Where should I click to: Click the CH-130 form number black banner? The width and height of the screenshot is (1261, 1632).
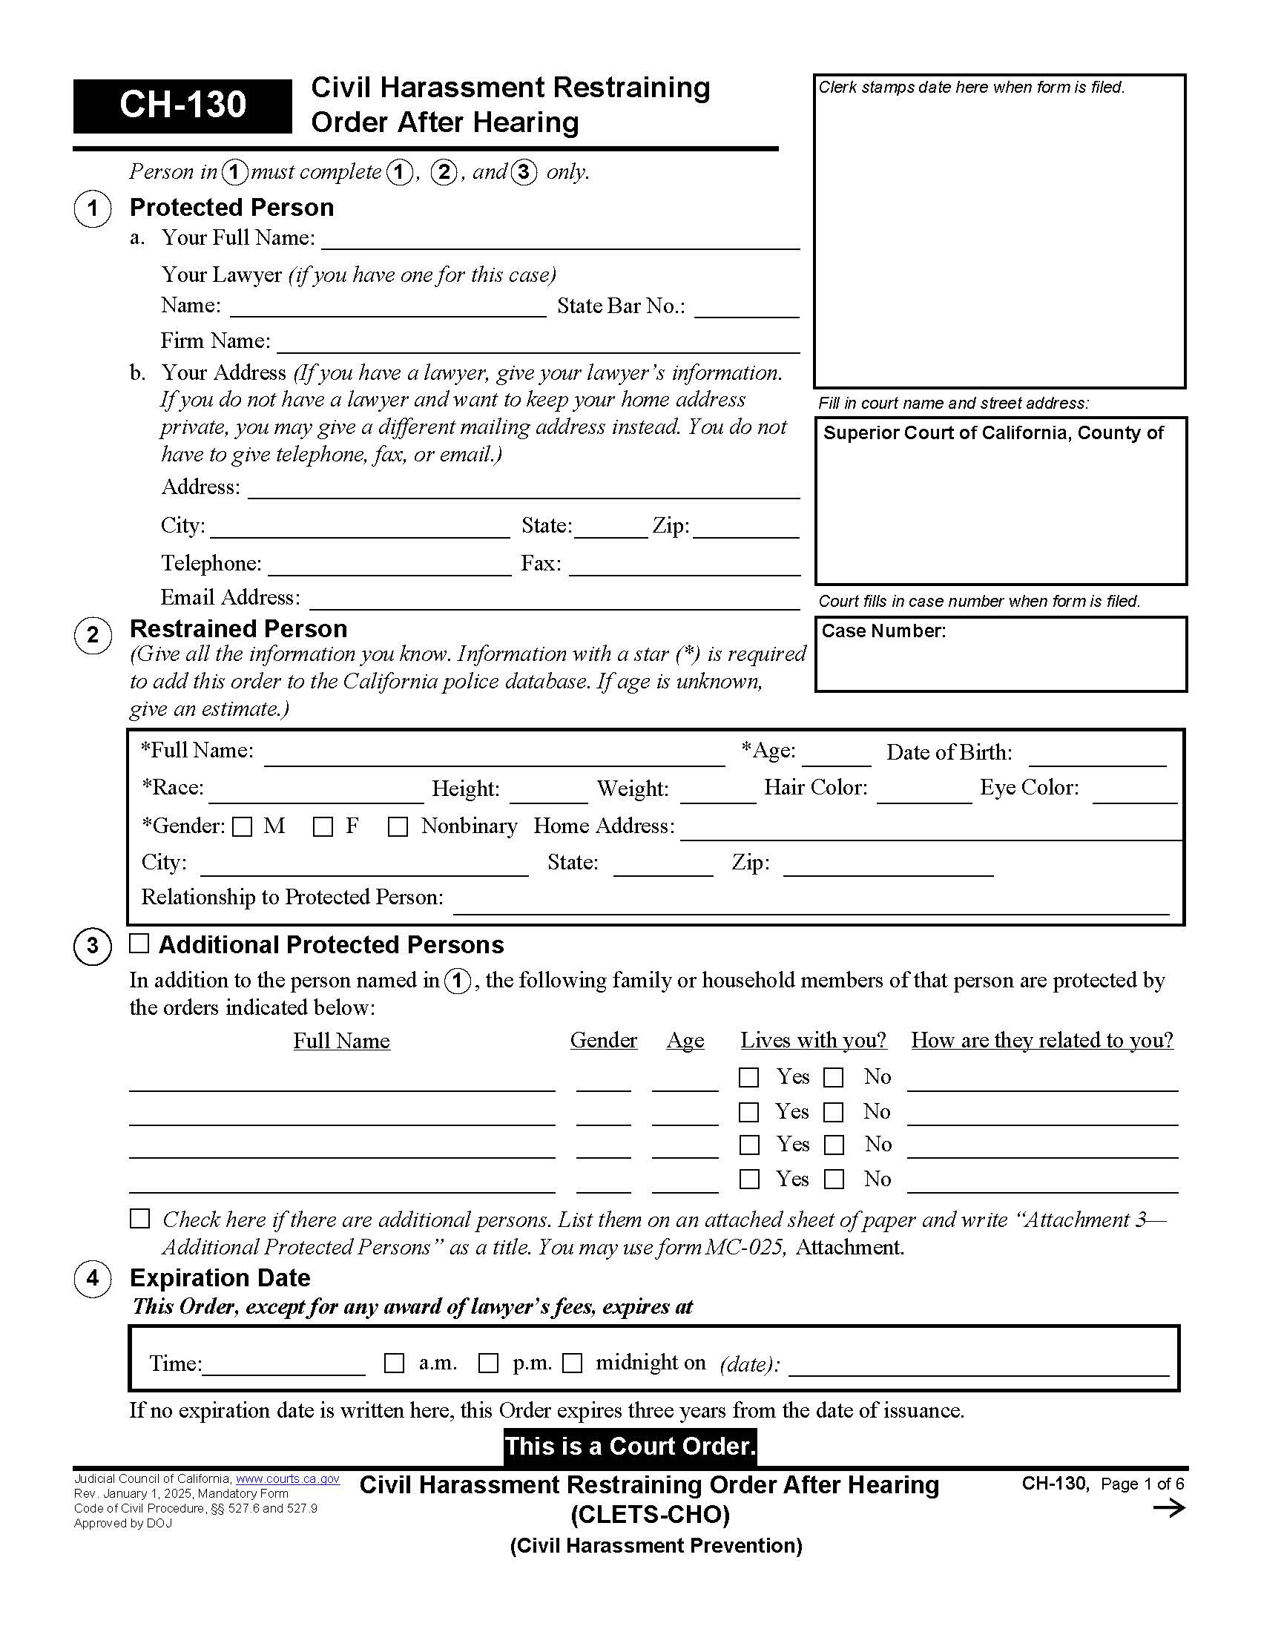coord(182,105)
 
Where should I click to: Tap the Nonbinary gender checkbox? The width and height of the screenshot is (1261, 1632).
coord(398,827)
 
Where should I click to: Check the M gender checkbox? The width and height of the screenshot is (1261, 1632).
coord(242,827)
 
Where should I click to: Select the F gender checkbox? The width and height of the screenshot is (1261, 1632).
coord(323,827)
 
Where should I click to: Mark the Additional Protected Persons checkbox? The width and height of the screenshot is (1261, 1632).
coord(139,943)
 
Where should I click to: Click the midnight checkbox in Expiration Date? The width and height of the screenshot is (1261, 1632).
coord(572,1363)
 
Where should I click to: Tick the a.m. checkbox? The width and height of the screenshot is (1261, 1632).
coord(394,1363)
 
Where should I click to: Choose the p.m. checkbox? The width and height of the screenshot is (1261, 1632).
coord(488,1363)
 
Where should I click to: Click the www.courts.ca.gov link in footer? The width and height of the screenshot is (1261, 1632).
coord(288,1478)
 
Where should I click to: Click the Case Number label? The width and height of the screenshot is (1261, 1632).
coord(883,631)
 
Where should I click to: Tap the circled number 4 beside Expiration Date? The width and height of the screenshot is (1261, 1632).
coord(93,1278)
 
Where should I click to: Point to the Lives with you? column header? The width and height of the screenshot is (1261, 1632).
coord(813,1040)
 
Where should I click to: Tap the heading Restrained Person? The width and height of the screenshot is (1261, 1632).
coord(238,628)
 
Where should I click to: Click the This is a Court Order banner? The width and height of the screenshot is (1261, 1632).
coord(630,1446)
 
